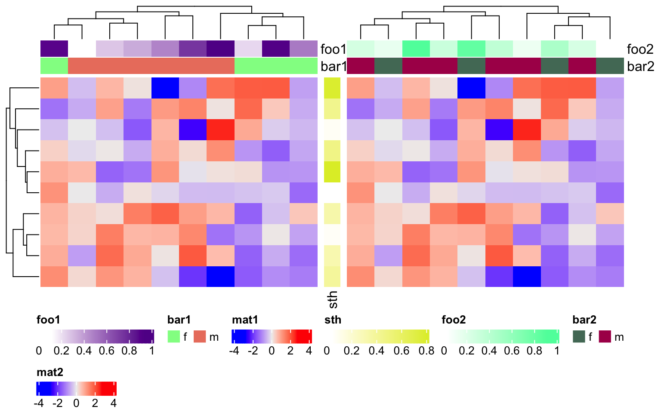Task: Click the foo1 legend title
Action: click(48, 320)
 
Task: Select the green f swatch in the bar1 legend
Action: click(173, 336)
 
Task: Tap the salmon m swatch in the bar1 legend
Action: click(200, 336)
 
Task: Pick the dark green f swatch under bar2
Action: click(579, 336)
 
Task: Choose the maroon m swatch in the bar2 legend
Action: click(605, 336)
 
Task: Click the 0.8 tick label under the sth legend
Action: click(426, 351)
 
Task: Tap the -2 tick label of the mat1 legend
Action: click(253, 351)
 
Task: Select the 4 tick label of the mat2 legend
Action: click(114, 403)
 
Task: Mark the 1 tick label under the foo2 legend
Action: click(557, 351)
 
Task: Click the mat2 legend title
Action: click(50, 372)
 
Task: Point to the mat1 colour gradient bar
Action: click(272, 336)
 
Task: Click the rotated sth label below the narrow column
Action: click(333, 300)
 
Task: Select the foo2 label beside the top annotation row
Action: click(640, 49)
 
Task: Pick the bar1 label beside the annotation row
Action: click(334, 66)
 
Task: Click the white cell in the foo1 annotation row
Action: click(82, 49)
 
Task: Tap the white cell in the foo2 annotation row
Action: click(610, 49)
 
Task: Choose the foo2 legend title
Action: click(454, 320)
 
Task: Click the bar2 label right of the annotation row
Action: click(640, 66)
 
